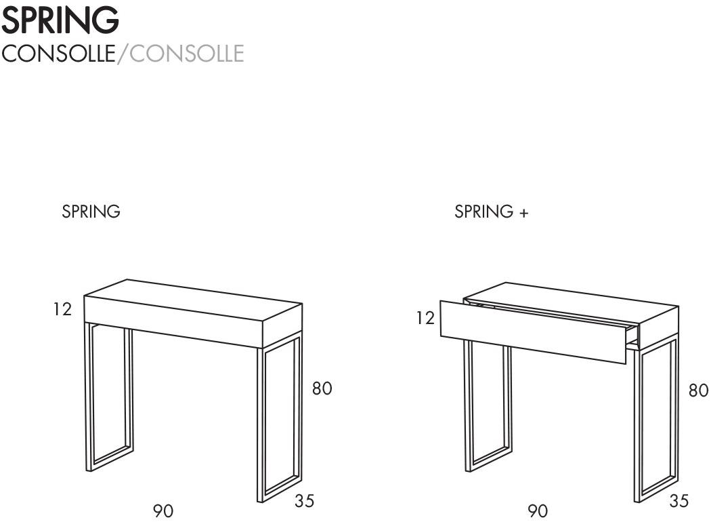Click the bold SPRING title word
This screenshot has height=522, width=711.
(x=60, y=20)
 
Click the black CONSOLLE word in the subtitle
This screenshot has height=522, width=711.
(x=58, y=53)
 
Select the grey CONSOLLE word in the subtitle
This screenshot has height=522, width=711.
(x=187, y=53)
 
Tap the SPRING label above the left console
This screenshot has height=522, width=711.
(x=91, y=212)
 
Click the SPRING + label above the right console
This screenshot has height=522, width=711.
(x=492, y=212)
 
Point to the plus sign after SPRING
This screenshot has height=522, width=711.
(x=523, y=213)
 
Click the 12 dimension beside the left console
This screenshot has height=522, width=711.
(x=62, y=310)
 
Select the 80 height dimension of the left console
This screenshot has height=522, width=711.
(x=322, y=388)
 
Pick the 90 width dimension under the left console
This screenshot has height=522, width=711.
(x=163, y=511)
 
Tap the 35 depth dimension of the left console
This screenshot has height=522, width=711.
(x=304, y=501)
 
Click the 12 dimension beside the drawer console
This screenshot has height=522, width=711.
(x=426, y=318)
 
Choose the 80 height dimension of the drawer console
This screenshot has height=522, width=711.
(x=698, y=390)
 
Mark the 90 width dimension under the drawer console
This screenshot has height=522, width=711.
(x=538, y=511)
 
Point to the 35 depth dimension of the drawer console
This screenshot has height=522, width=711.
(x=678, y=501)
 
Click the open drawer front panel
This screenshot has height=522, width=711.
(x=534, y=332)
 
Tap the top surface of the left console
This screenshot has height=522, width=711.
(x=193, y=300)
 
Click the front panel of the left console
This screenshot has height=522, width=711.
(x=173, y=322)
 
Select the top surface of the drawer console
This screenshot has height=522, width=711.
(x=572, y=302)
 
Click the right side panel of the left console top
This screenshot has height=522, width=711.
(x=282, y=326)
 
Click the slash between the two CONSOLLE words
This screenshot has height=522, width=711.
(x=123, y=54)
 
